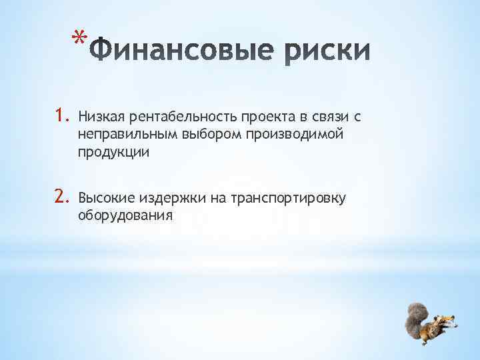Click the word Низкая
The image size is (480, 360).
[97, 118]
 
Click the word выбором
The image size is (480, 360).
[201, 135]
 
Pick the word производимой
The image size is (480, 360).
[287, 135]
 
